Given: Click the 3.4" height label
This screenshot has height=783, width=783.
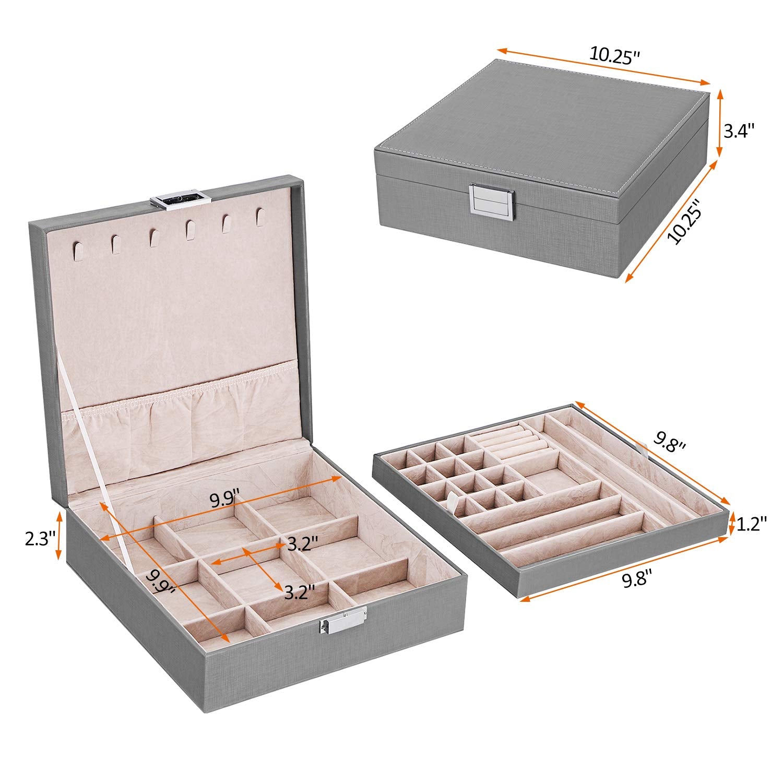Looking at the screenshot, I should coord(739,130).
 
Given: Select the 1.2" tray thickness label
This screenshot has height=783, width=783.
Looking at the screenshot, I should coord(752,524).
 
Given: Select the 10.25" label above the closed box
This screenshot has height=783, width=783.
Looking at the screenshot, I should coord(614,54).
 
